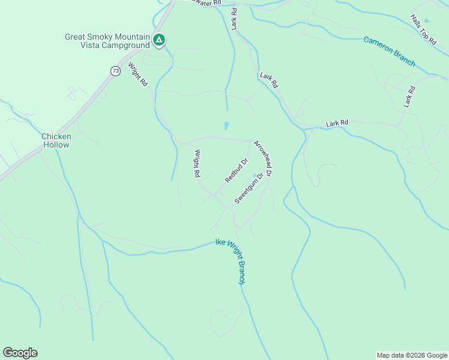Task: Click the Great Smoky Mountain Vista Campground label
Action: pos(107,41)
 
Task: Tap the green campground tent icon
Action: pos(159,40)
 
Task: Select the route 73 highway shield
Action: pos(115,71)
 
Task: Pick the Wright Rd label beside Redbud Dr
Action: pos(196,164)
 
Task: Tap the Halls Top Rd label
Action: pos(423,29)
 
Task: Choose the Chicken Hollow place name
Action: pos(56,140)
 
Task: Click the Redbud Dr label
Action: pos(237,170)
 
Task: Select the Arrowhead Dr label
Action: pos(263,158)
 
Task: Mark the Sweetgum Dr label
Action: pos(249,188)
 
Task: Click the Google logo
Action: pos(20,353)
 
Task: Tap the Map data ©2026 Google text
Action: pos(412,355)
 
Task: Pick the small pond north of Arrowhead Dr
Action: pos(226,126)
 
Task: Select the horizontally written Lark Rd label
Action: pos(337,123)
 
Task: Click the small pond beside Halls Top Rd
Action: pos(427,20)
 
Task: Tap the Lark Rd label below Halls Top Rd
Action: pos(409,97)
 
